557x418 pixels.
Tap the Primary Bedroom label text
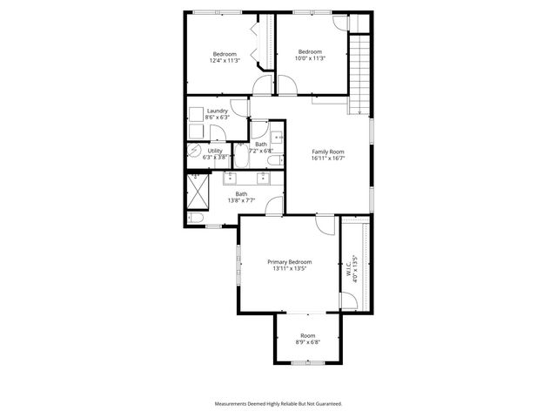(289, 261)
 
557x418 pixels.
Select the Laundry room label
(218, 111)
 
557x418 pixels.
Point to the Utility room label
(215, 151)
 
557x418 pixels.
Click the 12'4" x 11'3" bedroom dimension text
(224, 61)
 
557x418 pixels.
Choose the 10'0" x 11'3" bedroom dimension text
(310, 58)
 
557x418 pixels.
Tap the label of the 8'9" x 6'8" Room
(308, 335)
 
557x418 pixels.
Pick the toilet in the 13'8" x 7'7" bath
(196, 218)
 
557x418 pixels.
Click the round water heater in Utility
(194, 150)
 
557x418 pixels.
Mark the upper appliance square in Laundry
(196, 112)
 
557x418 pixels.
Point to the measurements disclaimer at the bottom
(278, 403)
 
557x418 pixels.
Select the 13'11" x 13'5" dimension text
(289, 268)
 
